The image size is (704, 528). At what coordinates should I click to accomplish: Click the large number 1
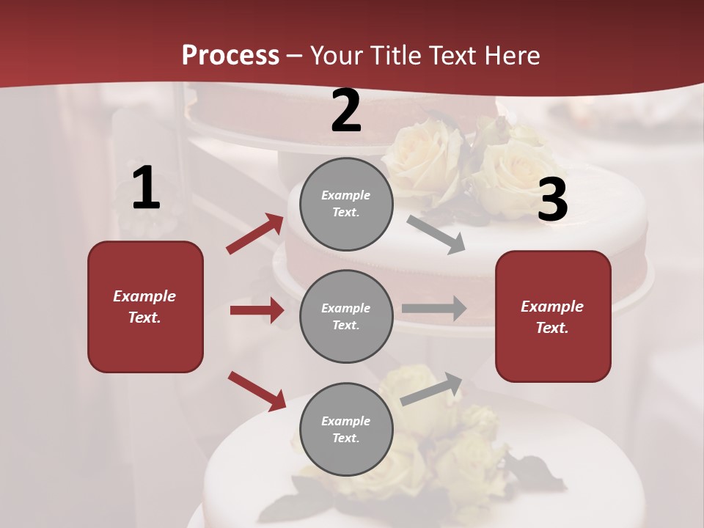[146, 188]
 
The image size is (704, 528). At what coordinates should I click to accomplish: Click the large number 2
[346, 111]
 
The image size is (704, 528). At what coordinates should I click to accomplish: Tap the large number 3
[552, 200]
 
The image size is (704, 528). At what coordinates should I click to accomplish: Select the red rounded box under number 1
[145, 307]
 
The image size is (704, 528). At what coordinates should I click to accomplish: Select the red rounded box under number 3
[553, 316]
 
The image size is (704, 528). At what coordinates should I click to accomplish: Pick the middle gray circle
[346, 316]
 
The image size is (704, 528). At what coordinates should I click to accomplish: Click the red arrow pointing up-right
[255, 234]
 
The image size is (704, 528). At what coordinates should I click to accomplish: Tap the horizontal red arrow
[257, 310]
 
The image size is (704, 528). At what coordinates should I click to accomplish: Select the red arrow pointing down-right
[257, 391]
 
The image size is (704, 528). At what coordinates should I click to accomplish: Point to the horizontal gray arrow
[434, 308]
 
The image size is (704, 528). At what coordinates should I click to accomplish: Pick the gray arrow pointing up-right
[431, 389]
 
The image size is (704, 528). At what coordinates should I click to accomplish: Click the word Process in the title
[230, 55]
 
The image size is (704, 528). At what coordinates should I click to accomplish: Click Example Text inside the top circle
[346, 204]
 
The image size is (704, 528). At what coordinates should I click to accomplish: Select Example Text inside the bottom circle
[346, 430]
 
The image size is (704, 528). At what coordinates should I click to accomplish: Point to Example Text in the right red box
[552, 317]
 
